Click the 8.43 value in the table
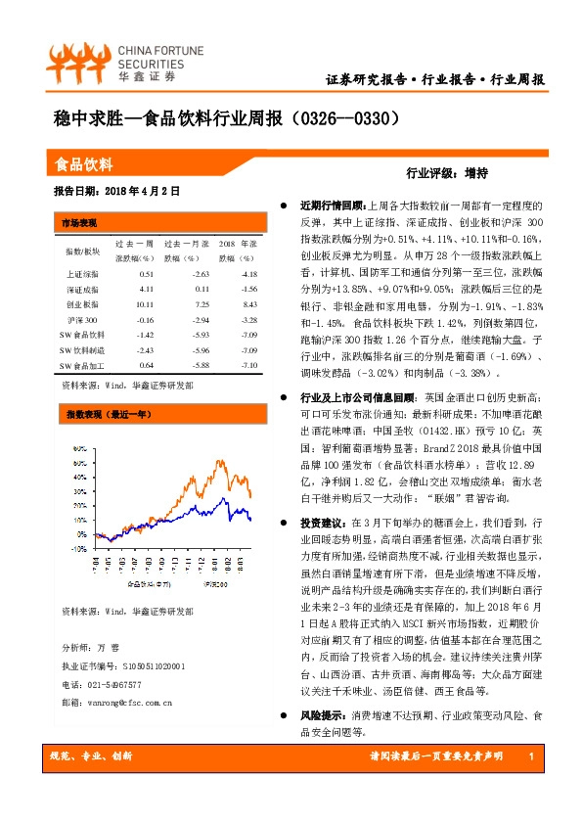pos(246,305)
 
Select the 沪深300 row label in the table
pos(82,320)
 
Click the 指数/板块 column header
pos(82,251)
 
